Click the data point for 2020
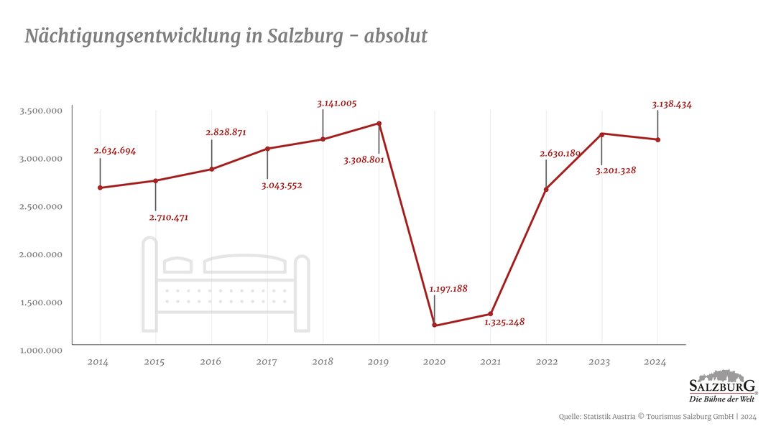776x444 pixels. tap(434, 325)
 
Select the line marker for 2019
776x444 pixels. tap(379, 124)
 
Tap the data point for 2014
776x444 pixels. tap(100, 188)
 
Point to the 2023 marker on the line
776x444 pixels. tap(601, 134)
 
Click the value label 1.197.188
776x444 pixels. tap(448, 289)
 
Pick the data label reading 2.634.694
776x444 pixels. tap(114, 151)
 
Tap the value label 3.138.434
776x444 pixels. tap(672, 104)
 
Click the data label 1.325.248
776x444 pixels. tap(504, 322)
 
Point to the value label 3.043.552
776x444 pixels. tap(282, 185)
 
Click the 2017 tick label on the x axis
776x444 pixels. tap(267, 362)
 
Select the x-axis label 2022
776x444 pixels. tap(546, 362)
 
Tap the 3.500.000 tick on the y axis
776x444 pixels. tap(41, 111)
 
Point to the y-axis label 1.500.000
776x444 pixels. tap(41, 302)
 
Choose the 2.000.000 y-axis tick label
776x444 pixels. tap(41, 254)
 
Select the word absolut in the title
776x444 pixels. tap(395, 36)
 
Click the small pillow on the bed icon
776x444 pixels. tap(177, 266)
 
